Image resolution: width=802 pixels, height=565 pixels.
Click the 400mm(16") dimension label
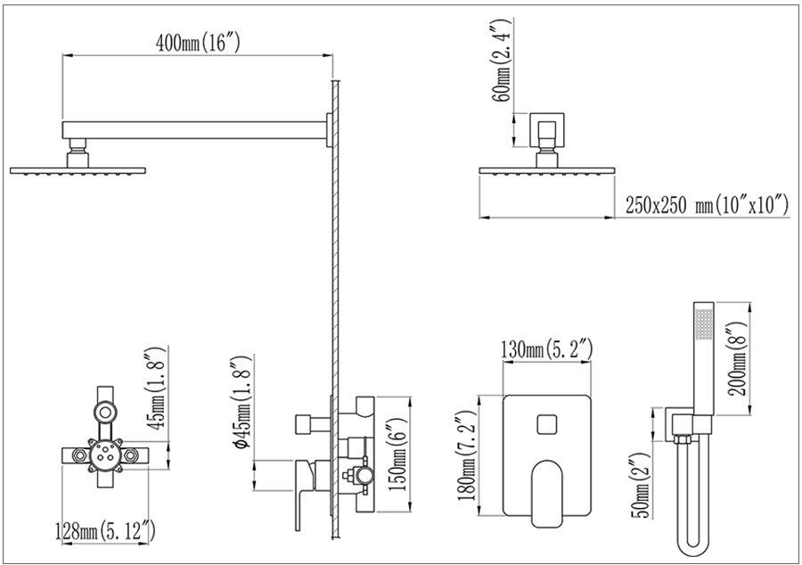(198, 43)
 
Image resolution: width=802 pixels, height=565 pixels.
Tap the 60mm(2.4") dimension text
(501, 61)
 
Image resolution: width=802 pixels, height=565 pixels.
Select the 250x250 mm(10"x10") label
(707, 206)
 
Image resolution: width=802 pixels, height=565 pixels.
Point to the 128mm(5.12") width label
(105, 530)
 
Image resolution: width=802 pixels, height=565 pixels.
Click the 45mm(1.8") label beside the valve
(156, 387)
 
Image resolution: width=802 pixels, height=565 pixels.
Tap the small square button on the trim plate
(547, 425)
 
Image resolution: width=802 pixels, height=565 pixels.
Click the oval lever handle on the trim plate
(547, 494)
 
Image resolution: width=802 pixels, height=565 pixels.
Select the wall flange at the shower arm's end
(329, 130)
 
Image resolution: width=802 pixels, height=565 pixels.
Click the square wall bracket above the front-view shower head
(547, 130)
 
